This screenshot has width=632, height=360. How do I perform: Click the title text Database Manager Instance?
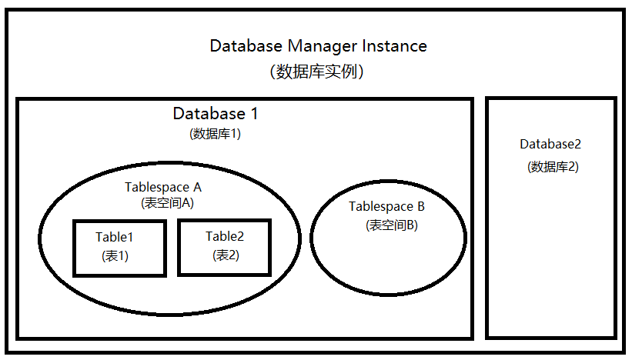pos(318,46)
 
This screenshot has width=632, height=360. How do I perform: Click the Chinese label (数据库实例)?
pos(317,72)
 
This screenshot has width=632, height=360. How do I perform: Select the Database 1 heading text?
pos(216,114)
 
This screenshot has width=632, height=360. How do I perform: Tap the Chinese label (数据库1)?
pos(216,133)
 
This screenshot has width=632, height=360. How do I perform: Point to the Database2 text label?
pos(551,144)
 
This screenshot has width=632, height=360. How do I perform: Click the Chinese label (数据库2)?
pos(552,166)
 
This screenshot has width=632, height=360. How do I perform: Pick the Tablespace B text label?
pos(386,206)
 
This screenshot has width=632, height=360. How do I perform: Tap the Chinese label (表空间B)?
pos(391,225)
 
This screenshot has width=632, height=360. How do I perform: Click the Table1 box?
pos(119,248)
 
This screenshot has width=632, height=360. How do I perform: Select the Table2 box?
pos(224,247)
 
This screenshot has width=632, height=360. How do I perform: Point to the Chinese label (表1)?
pos(115,256)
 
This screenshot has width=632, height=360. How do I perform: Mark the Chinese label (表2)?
pos(226,255)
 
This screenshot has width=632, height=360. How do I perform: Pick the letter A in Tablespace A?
pos(197,187)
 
